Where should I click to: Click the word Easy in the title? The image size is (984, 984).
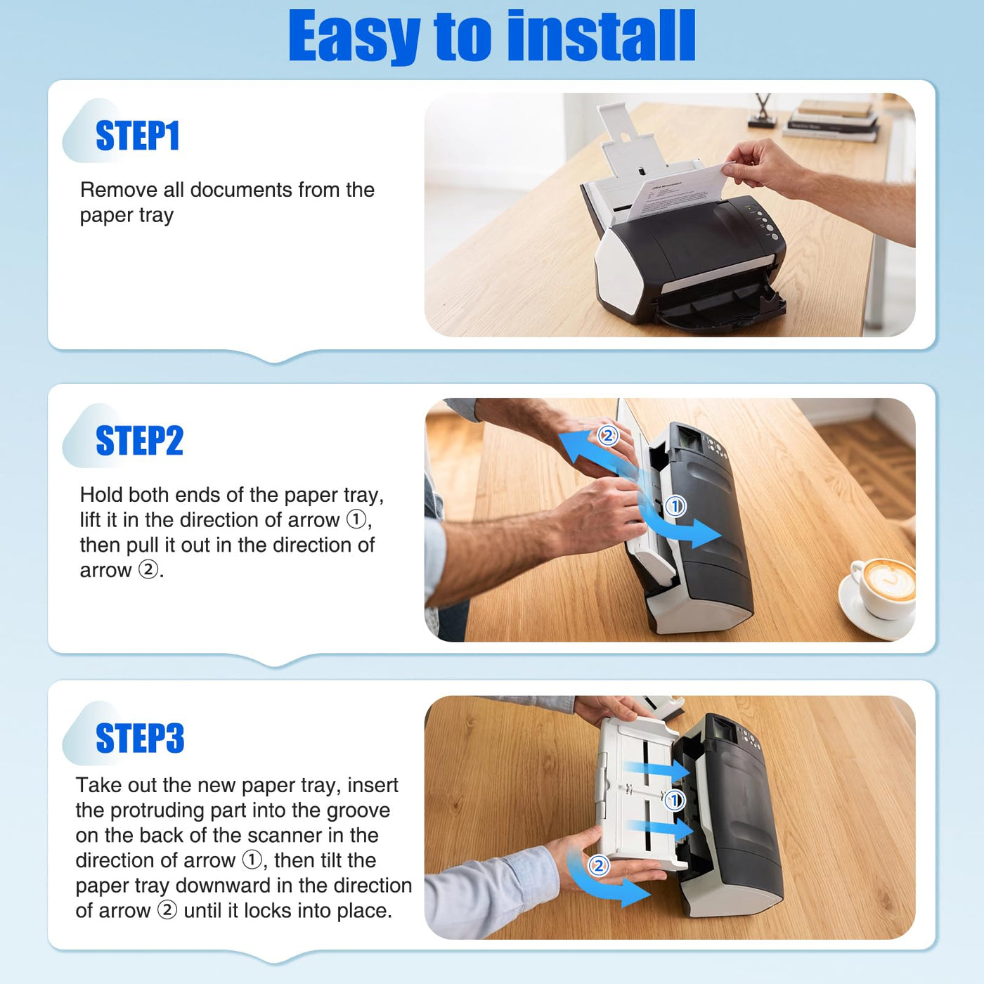coord(354,37)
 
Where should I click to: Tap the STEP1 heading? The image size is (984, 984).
coord(137,136)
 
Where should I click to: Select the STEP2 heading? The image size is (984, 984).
coord(139,440)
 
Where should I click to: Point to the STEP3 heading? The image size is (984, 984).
coord(140,738)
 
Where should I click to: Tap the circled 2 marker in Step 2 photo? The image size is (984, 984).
coord(608,436)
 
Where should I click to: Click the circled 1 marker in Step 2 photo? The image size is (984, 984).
coord(675,506)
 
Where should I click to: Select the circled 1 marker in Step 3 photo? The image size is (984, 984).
coord(674,800)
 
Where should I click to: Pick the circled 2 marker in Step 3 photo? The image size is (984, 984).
coord(598,865)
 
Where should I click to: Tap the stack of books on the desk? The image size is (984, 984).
coord(831,120)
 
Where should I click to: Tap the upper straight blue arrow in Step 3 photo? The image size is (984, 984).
coord(657,770)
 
